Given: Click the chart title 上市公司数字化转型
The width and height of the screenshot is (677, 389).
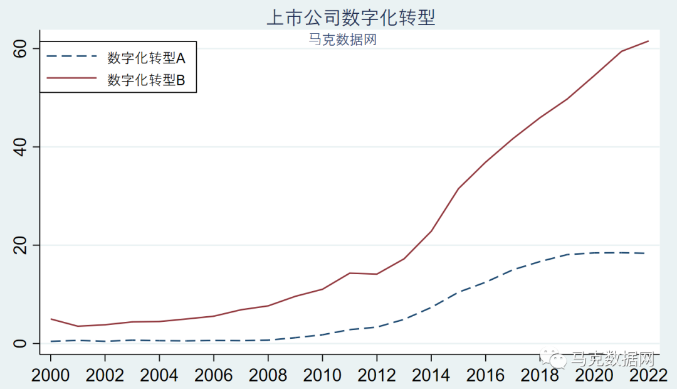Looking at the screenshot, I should pos(350,17).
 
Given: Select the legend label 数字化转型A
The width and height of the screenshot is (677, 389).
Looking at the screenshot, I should pos(146,58).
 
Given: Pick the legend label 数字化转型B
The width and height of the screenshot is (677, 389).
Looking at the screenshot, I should pos(146,80).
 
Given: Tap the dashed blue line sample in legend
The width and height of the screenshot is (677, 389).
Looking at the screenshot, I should pos(71,57).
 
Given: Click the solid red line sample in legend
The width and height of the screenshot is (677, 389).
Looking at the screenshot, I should pos(71,79).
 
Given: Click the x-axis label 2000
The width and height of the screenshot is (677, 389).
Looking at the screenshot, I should pos(51,375).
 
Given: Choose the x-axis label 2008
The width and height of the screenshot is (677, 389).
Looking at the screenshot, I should pos(268,375).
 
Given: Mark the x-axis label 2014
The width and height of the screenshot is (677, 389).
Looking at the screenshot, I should pos(431,375).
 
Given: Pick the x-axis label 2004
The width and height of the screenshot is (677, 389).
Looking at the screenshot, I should pos(159,375).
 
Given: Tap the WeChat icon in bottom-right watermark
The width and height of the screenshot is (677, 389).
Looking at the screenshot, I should pos(554,359).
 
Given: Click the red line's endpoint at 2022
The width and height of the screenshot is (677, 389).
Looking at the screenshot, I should pos(648,41).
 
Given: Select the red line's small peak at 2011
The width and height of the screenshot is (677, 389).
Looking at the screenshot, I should pos(349,273).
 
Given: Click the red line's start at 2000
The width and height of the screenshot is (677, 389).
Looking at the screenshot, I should pos(51,319).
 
